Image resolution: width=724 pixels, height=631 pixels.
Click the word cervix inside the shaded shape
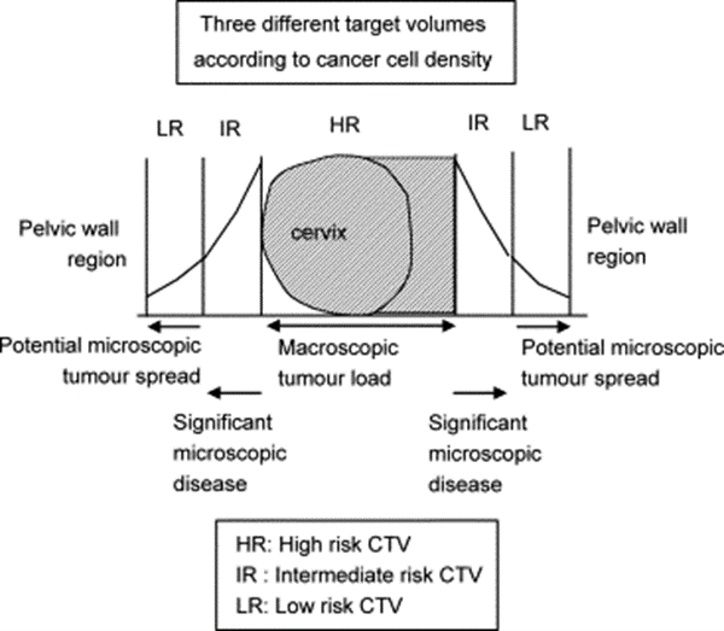(319, 232)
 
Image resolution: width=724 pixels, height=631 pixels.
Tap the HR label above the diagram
(344, 125)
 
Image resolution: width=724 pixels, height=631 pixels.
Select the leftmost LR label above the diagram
(170, 128)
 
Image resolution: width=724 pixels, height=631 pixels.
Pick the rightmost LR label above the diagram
(536, 123)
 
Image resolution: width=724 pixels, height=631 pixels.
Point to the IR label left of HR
(230, 128)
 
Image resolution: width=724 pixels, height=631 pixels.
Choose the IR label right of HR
(478, 123)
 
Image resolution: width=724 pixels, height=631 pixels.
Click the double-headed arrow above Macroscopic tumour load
(361, 326)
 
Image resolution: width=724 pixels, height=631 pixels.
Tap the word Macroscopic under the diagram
(338, 348)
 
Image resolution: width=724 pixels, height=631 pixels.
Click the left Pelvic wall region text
(72, 244)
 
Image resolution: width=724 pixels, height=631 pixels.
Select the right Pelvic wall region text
(637, 241)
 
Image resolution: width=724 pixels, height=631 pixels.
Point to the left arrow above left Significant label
(235, 393)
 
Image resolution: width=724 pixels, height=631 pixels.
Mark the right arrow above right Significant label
(480, 393)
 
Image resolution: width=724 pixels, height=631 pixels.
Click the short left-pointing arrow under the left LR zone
(174, 327)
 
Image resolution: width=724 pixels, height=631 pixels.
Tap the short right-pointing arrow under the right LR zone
(543, 327)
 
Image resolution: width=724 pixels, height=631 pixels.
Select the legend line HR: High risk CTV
(323, 544)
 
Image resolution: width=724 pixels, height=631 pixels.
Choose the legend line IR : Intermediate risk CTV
(359, 575)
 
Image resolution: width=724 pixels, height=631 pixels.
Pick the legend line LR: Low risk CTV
(319, 606)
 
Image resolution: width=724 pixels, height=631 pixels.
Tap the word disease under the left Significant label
(210, 484)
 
